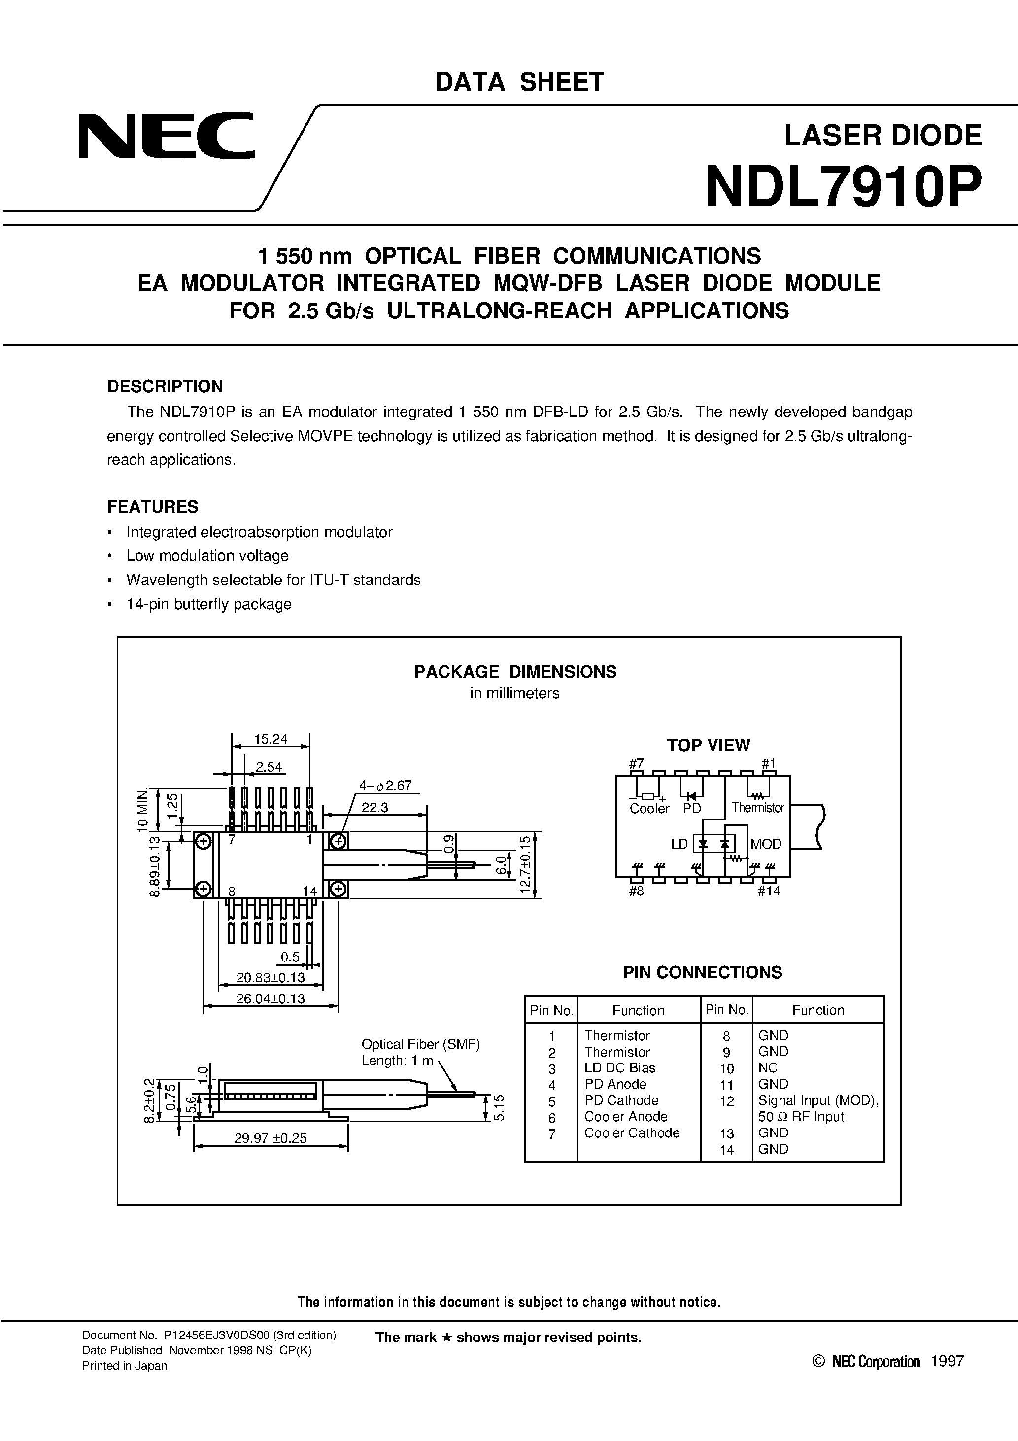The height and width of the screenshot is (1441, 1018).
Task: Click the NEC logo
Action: click(167, 136)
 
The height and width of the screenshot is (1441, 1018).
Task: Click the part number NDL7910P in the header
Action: click(843, 188)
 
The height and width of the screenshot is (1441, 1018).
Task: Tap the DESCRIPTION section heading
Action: click(165, 386)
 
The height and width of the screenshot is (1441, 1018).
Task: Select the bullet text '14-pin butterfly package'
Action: click(208, 604)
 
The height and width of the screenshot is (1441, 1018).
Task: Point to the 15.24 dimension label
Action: click(271, 739)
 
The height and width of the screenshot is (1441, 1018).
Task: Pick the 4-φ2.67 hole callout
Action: click(385, 785)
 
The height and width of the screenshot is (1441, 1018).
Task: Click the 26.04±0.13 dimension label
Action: click(271, 998)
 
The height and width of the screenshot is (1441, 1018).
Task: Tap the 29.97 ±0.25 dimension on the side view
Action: click(271, 1138)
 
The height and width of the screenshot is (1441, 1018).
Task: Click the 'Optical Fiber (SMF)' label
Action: click(420, 1044)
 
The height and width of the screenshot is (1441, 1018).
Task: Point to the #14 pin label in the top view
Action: click(768, 891)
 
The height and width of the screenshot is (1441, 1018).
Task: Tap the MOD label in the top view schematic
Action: click(766, 844)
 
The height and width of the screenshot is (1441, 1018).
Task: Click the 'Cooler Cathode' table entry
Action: click(631, 1133)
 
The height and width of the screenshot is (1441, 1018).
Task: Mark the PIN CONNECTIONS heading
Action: click(702, 972)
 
